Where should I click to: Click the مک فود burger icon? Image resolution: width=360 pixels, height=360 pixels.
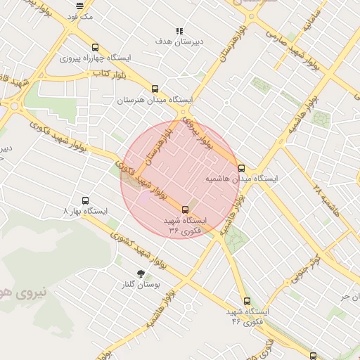[x=79, y=6]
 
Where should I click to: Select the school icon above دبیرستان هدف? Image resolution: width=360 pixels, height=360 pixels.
[x=180, y=31]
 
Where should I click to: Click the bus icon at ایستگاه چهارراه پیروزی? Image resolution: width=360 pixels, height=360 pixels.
[x=95, y=47]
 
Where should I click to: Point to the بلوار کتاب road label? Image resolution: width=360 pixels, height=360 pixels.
[x=112, y=73]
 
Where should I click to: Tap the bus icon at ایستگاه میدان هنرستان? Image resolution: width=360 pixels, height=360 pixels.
[x=155, y=89]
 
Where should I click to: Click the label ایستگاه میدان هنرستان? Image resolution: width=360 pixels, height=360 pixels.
[x=155, y=101]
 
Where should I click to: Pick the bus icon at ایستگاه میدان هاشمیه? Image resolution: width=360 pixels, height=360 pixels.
[x=242, y=168]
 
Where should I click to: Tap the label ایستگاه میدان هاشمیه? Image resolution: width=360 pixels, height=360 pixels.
[x=242, y=179]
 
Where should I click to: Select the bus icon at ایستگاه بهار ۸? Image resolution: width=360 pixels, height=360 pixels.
[x=85, y=200]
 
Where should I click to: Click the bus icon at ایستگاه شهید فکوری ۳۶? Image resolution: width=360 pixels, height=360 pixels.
[x=186, y=209]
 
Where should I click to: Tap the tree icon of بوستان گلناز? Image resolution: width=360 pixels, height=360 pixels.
[x=141, y=274]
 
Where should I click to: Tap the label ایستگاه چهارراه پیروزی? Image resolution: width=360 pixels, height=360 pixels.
[x=94, y=58]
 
